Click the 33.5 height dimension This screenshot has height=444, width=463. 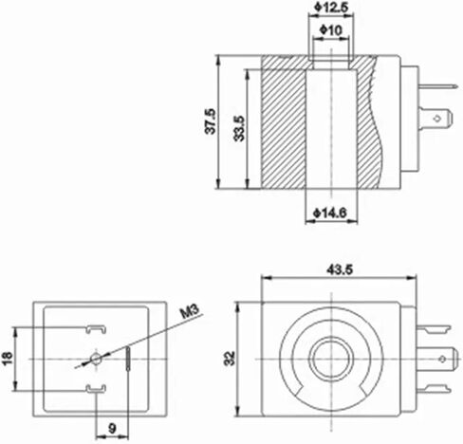coord(238,126)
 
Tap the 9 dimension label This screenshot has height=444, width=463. coord(113,429)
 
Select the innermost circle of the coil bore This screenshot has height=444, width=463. coord(337,358)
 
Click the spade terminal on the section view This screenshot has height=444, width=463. coord(437,120)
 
